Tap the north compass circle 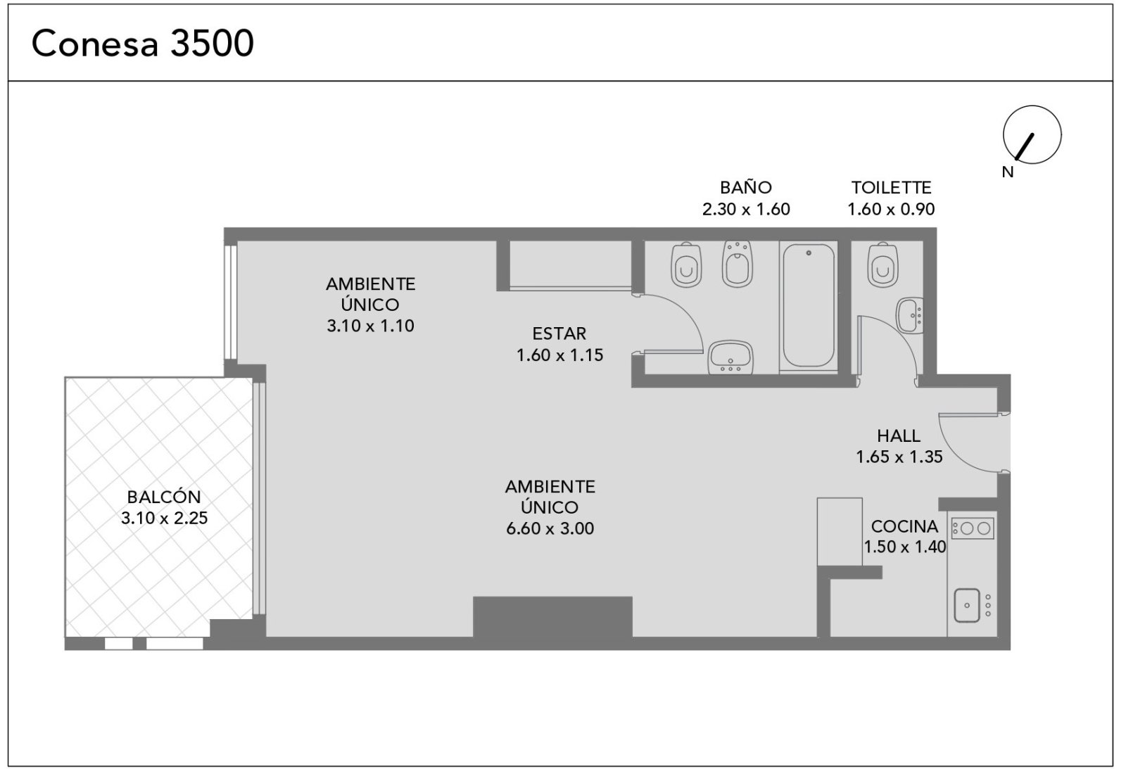(x=1032, y=106)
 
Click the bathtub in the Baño (x=809, y=305)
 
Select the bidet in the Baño (x=738, y=264)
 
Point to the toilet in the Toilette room (x=883, y=265)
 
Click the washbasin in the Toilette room (x=911, y=316)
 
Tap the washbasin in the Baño (x=730, y=357)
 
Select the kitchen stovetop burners (x=973, y=529)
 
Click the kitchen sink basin (x=967, y=606)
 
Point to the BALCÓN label (x=164, y=497)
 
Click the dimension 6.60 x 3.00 (x=550, y=529)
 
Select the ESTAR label (x=559, y=333)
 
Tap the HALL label (x=899, y=436)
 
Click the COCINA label (x=905, y=526)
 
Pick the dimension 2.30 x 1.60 (x=746, y=209)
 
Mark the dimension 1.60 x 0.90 (x=891, y=209)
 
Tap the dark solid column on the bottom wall (x=552, y=618)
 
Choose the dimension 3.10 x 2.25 (x=165, y=519)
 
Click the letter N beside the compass (x=1008, y=172)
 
